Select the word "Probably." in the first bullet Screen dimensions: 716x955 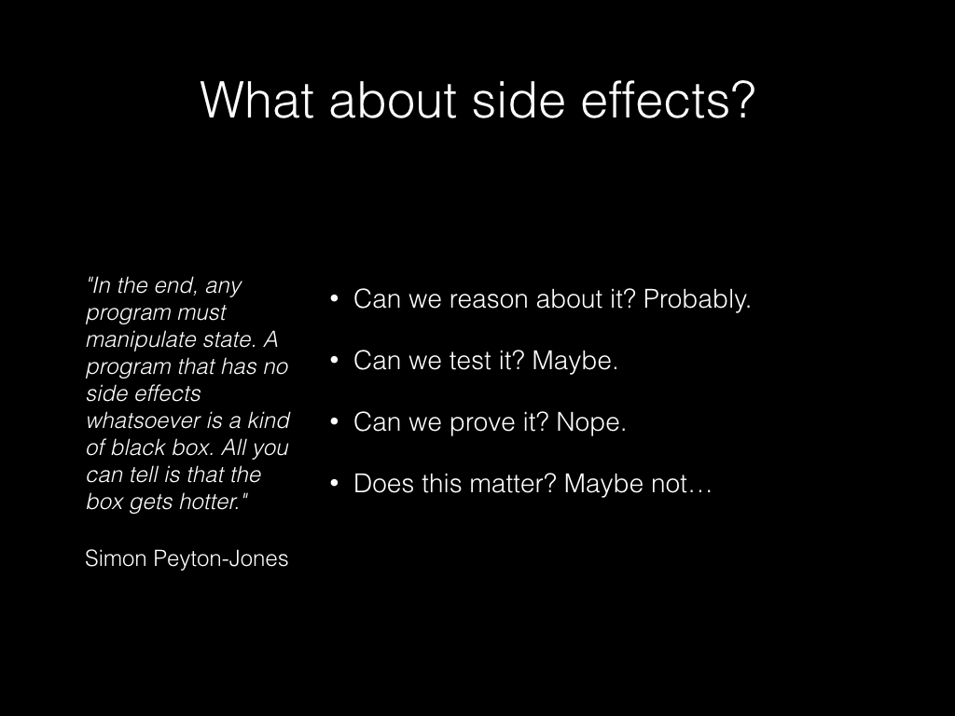[x=697, y=300]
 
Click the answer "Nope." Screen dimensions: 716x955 [x=591, y=422]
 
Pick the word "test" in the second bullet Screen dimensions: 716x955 [x=470, y=362]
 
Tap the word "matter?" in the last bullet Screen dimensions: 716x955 [x=511, y=484]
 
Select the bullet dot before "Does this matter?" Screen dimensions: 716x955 [x=335, y=485]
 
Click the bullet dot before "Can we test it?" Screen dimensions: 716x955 [x=335, y=362]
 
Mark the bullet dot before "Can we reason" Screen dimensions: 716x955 [x=335, y=300]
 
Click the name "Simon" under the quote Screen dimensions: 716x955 [x=116, y=558]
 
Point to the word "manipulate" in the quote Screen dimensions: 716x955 [x=131, y=339]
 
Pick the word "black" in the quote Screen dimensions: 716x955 [x=137, y=447]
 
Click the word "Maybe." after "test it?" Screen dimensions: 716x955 [x=575, y=362]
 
